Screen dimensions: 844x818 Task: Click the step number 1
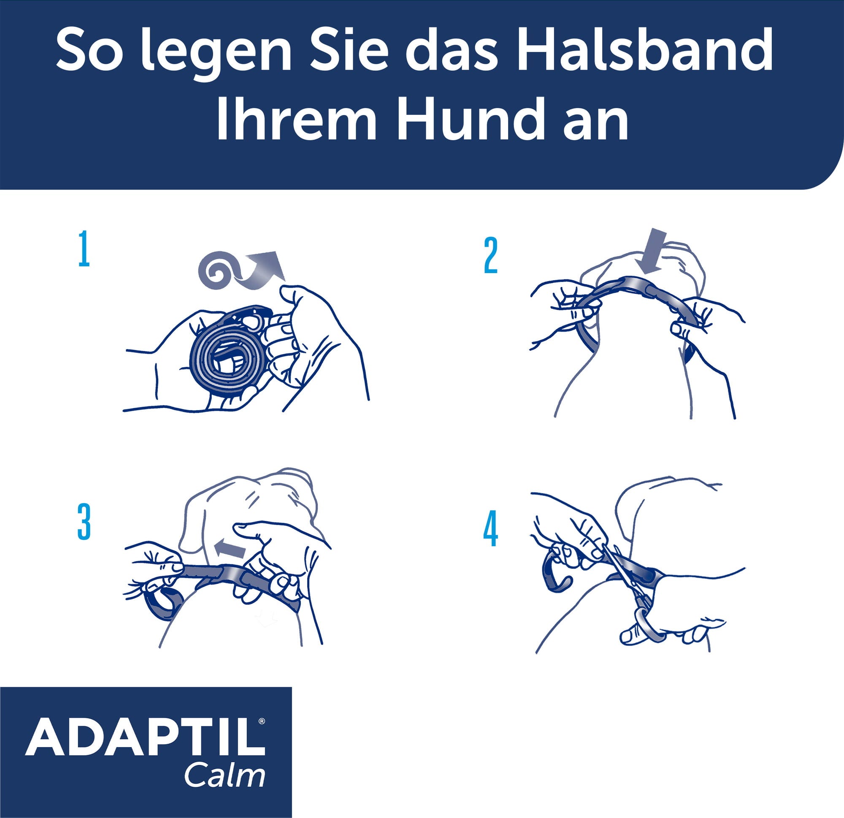tap(84, 249)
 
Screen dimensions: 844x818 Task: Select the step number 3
tap(84, 522)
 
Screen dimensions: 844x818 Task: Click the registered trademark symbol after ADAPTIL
tap(262, 720)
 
